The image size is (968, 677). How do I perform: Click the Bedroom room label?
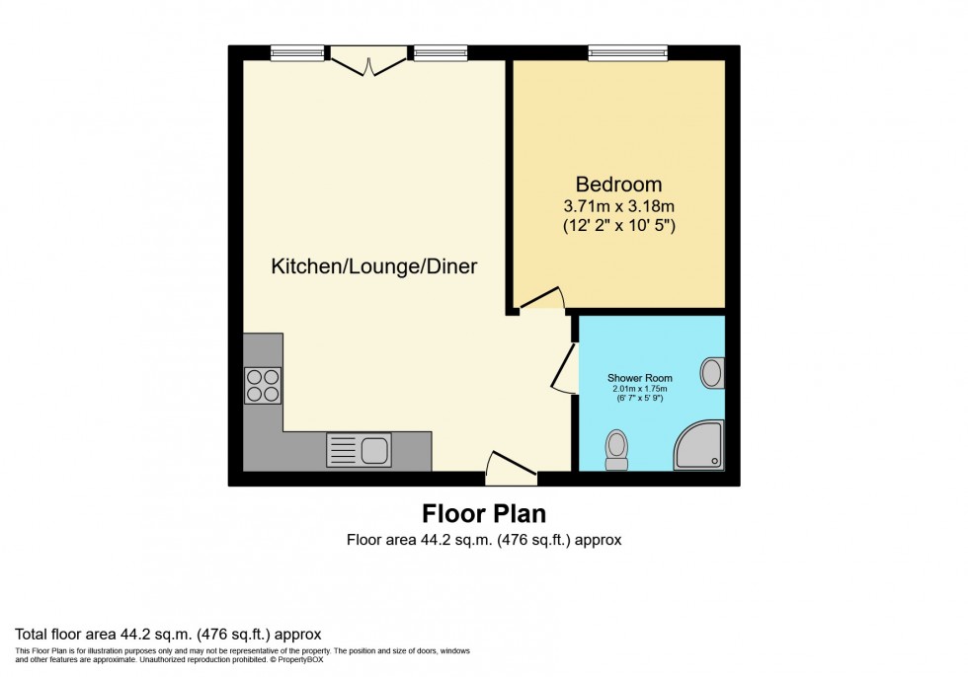click(618, 185)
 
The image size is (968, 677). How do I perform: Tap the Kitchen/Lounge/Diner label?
click(374, 266)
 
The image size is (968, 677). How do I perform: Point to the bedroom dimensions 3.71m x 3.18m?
click(618, 206)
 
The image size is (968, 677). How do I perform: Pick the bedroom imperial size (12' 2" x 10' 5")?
click(618, 226)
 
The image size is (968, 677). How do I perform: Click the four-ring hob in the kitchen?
click(263, 385)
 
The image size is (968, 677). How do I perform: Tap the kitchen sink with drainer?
click(359, 450)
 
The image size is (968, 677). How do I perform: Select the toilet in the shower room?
click(617, 450)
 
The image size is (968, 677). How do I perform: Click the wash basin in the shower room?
click(712, 373)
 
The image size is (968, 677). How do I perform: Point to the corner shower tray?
click(700, 446)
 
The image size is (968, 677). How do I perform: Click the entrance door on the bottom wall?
click(511, 468)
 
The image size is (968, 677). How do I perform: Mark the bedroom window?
click(627, 52)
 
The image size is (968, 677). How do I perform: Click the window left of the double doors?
click(297, 52)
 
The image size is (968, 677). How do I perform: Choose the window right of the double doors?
click(441, 52)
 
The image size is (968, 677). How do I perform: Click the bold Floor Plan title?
click(484, 514)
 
